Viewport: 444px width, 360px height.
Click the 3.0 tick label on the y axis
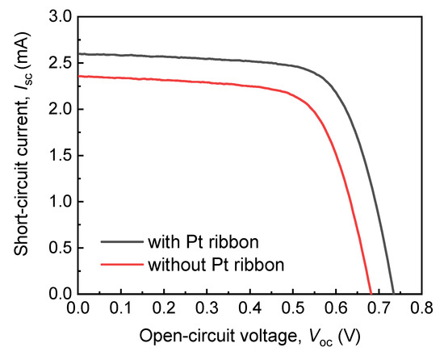point(60,16)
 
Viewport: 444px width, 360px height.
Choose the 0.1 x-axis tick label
point(121,308)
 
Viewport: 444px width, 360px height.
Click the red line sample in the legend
point(121,263)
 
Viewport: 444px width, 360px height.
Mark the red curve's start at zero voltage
point(78,77)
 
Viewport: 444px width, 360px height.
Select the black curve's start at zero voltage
point(78,54)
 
